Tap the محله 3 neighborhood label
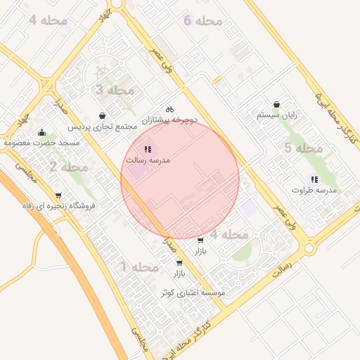(x=114, y=90)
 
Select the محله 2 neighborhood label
(x=68, y=167)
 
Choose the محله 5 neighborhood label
(x=303, y=148)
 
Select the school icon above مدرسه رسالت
(x=148, y=149)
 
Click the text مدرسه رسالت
(x=148, y=160)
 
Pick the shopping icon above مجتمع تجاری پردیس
(x=103, y=115)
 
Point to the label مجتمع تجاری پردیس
(x=103, y=127)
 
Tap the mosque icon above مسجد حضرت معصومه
(x=42, y=131)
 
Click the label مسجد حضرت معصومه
(x=42, y=143)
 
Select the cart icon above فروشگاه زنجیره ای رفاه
(x=58, y=195)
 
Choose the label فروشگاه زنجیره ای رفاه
(x=58, y=206)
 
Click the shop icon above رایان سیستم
(x=276, y=104)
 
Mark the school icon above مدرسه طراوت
(x=314, y=179)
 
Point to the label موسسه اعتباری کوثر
(x=193, y=292)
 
